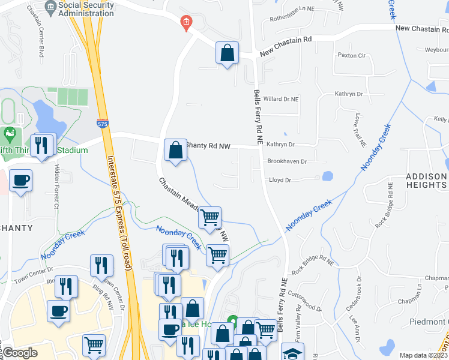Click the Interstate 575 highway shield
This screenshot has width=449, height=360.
click(103, 124)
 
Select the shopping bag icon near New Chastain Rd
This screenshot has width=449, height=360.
click(228, 53)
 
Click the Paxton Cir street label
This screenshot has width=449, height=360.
click(352, 55)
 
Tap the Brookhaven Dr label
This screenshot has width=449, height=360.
click(287, 161)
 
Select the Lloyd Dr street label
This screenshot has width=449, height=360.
click(280, 179)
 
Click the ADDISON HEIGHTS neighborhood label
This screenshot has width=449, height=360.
click(426, 181)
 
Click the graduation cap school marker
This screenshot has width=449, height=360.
click(292, 353)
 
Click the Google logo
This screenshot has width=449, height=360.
click(20, 353)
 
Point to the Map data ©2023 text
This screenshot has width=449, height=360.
click(424, 355)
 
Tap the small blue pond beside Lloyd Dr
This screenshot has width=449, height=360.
click(327, 176)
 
